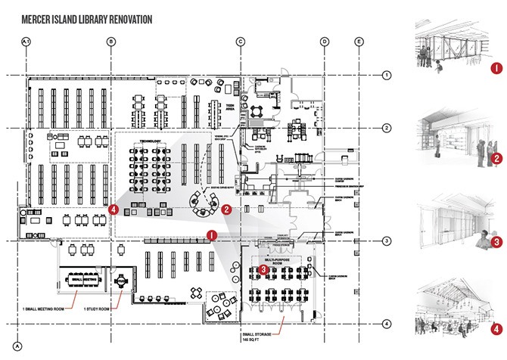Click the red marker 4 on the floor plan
113,209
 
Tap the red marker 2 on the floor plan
226,207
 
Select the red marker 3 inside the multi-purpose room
263,267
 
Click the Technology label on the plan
151,141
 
